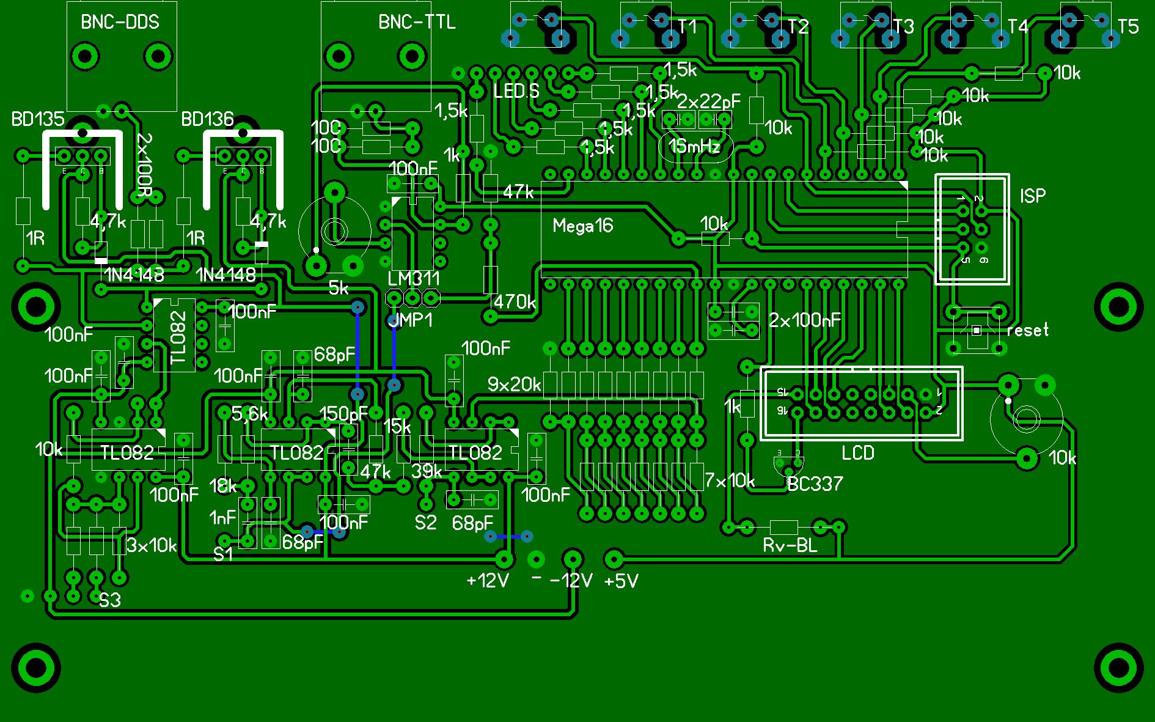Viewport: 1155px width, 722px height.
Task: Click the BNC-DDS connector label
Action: [120, 23]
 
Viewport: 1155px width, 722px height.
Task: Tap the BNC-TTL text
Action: [417, 23]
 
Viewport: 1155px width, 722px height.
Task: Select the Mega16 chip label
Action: [582, 226]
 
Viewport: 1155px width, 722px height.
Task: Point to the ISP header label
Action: [1032, 196]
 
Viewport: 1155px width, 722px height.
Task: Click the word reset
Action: [1027, 330]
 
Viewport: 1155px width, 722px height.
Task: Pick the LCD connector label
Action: [858, 453]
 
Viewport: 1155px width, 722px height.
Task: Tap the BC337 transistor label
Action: [815, 484]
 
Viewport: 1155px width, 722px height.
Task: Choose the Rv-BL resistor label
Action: [790, 545]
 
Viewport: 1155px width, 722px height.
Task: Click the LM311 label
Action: [414, 279]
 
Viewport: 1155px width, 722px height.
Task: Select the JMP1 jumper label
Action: [411, 320]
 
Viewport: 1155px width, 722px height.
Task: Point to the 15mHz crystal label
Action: [694, 147]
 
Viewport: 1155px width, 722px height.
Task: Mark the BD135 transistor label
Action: [38, 119]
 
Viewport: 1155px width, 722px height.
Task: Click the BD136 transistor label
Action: [207, 119]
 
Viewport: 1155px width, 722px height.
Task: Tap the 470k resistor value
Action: [515, 301]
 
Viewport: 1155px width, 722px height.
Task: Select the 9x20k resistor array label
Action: [514, 385]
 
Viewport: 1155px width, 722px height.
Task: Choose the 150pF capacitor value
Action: [343, 414]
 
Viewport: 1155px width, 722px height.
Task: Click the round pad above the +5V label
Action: [614, 558]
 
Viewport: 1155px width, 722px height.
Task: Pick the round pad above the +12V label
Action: [505, 558]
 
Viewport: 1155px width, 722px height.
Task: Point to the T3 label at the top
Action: [903, 27]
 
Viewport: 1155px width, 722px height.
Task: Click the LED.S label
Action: [516, 92]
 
